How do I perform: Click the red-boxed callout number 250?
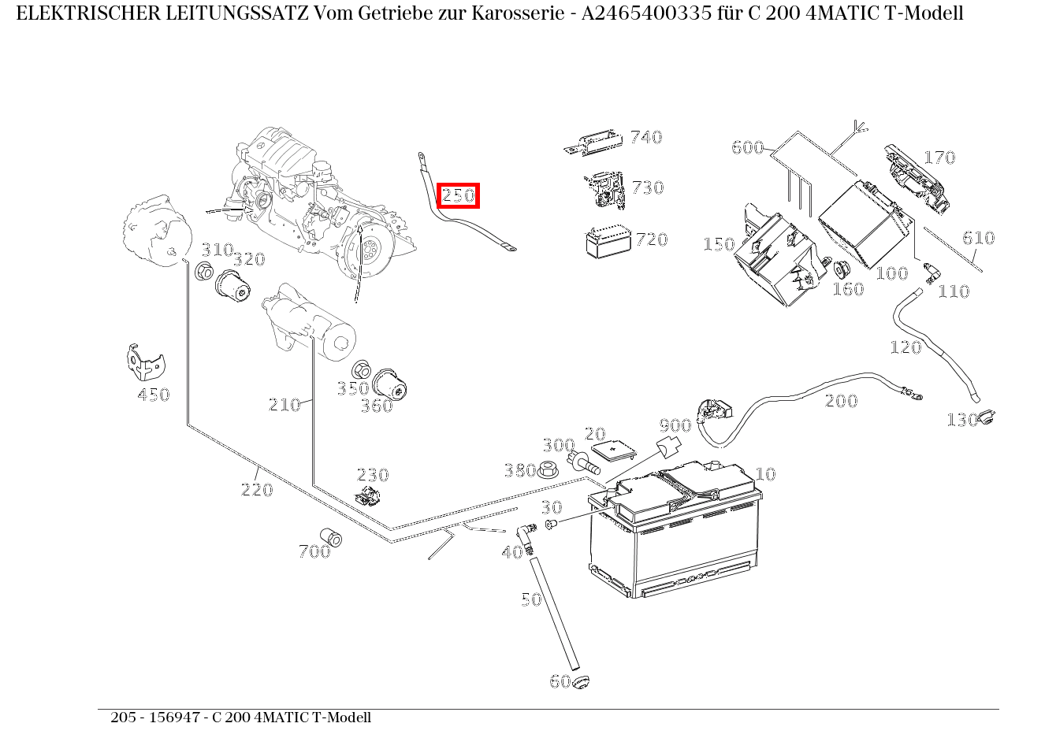pyautogui.click(x=459, y=195)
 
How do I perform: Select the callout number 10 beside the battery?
pyautogui.click(x=765, y=474)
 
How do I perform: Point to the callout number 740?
pyautogui.click(x=646, y=138)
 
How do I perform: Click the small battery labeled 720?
pyautogui.click(x=608, y=242)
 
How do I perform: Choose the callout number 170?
pyautogui.click(x=939, y=158)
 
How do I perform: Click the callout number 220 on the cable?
pyautogui.click(x=257, y=490)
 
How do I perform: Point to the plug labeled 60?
pyautogui.click(x=582, y=681)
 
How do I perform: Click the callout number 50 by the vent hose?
pyautogui.click(x=531, y=599)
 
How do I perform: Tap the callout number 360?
pyautogui.click(x=377, y=406)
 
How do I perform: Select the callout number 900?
pyautogui.click(x=675, y=426)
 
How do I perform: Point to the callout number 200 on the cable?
pyautogui.click(x=841, y=401)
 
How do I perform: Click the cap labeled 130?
pyautogui.click(x=985, y=417)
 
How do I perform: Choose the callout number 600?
pyautogui.click(x=747, y=147)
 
